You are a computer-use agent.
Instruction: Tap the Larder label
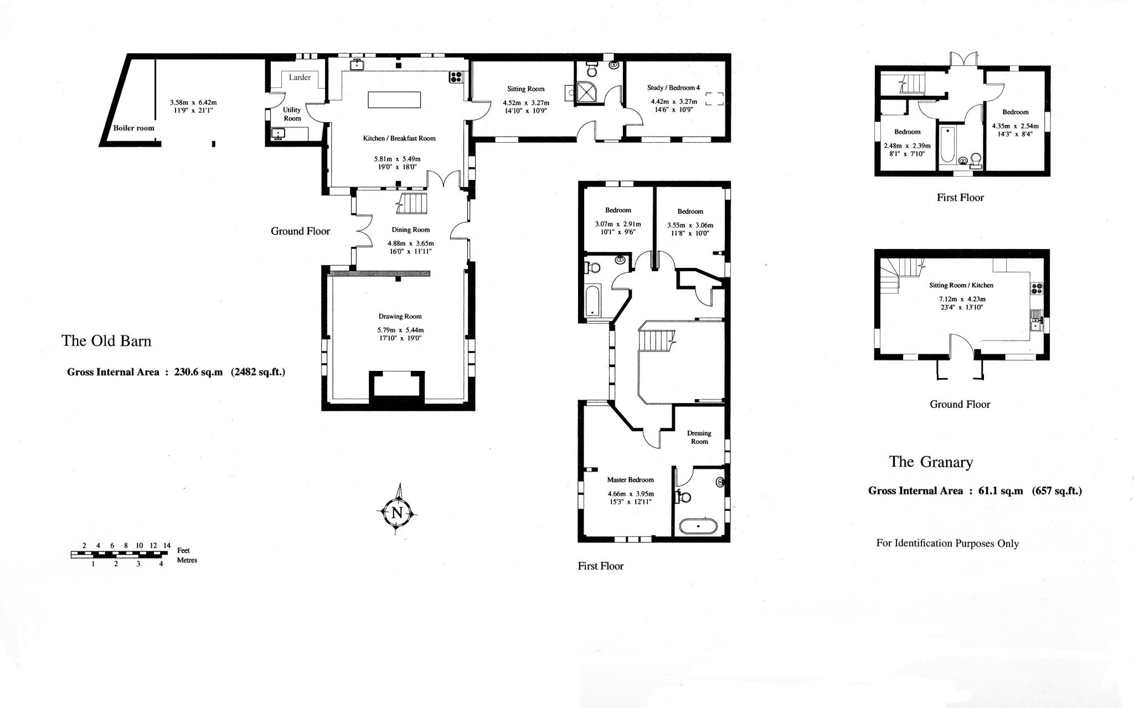(300, 77)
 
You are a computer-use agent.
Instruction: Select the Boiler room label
(134, 128)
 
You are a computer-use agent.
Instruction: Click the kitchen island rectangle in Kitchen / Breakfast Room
(394, 100)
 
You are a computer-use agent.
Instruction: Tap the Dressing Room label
(699, 437)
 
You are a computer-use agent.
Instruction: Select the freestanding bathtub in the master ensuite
(698, 526)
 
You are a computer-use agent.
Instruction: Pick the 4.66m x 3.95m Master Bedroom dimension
(630, 494)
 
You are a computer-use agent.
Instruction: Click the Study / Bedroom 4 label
(673, 87)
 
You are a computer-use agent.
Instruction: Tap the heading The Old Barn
(106, 340)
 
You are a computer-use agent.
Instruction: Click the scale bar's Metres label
(187, 560)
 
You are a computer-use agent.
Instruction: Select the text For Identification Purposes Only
(947, 543)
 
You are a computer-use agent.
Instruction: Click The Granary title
(931, 462)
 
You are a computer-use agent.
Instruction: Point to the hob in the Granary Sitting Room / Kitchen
(1037, 288)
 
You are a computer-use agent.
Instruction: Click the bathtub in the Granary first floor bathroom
(947, 144)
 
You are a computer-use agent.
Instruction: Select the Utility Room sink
(278, 133)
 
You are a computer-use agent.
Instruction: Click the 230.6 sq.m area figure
(198, 372)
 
